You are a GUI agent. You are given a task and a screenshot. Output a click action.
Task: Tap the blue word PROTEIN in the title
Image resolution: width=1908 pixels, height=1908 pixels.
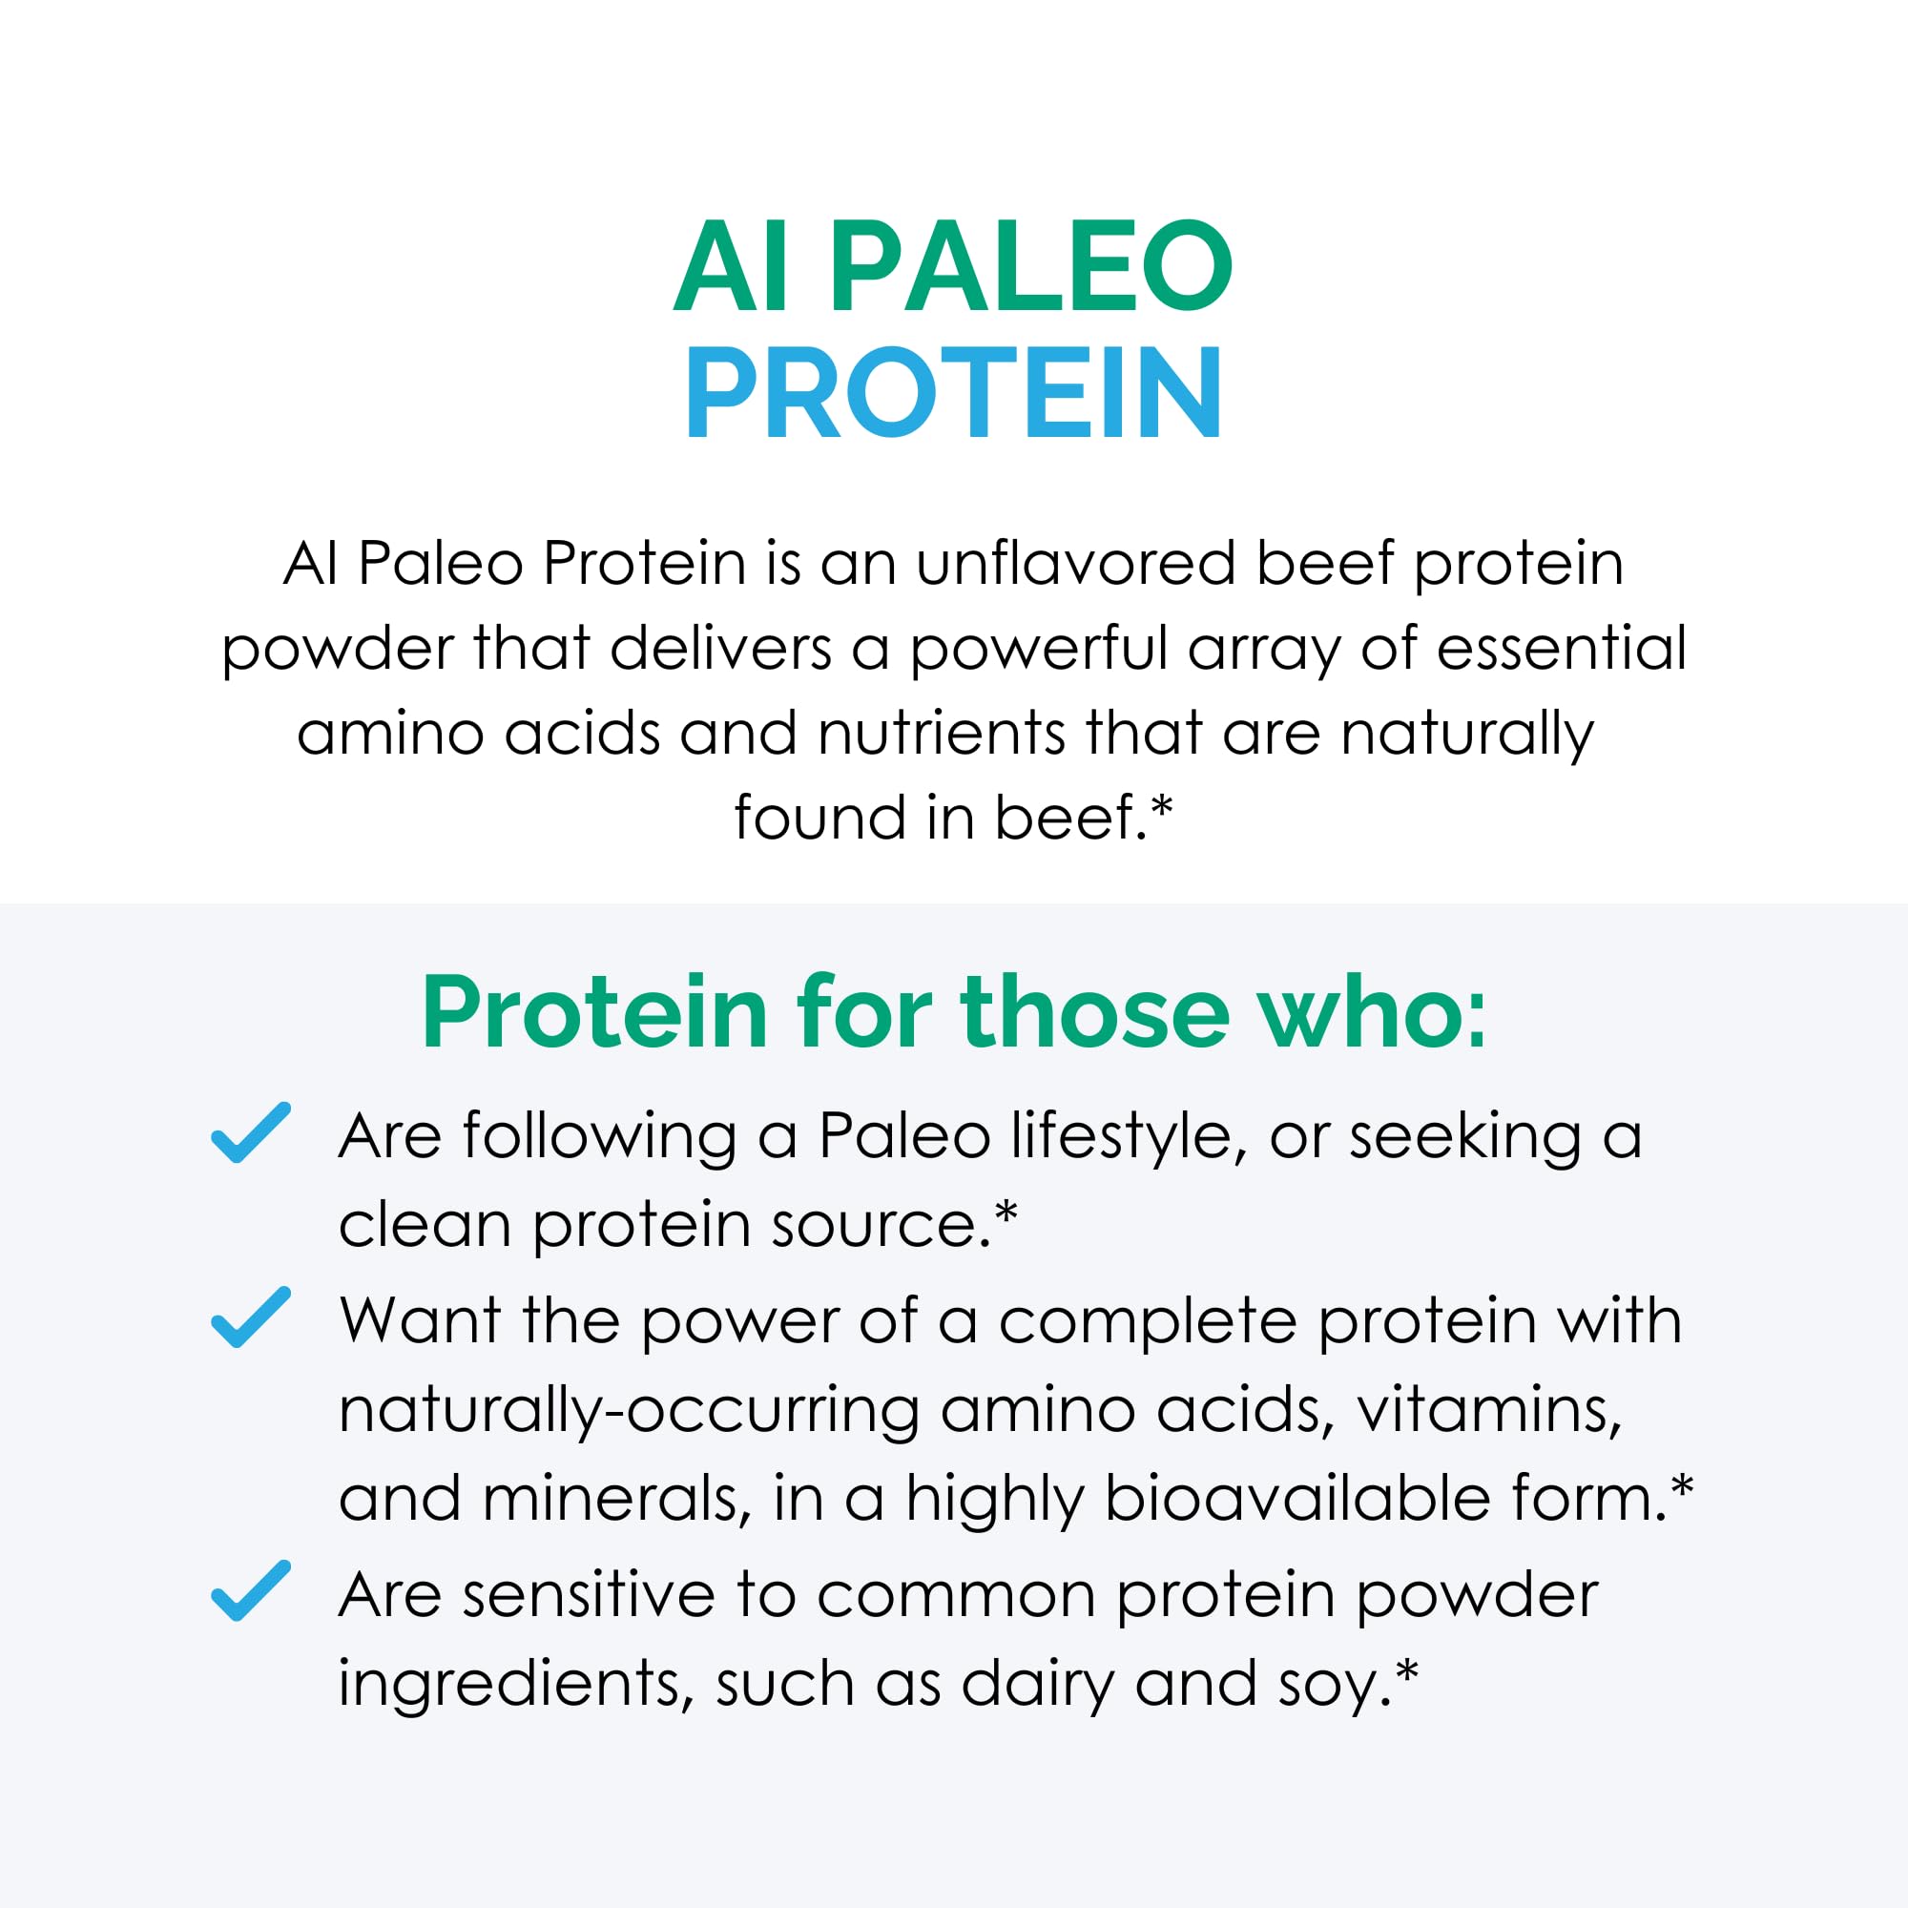coord(954,393)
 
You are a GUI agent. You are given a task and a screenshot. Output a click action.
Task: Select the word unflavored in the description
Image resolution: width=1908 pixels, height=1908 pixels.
coord(1075,564)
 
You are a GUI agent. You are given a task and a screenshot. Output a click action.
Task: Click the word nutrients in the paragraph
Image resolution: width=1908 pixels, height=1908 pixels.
coord(941,734)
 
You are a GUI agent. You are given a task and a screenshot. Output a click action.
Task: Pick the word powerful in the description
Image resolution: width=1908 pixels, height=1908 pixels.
coord(1038,651)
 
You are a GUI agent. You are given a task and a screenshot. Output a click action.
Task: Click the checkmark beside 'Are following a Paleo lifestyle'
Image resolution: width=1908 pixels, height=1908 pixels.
coord(251,1132)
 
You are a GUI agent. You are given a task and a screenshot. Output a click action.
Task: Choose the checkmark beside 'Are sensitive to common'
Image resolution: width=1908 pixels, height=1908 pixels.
coord(251,1591)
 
